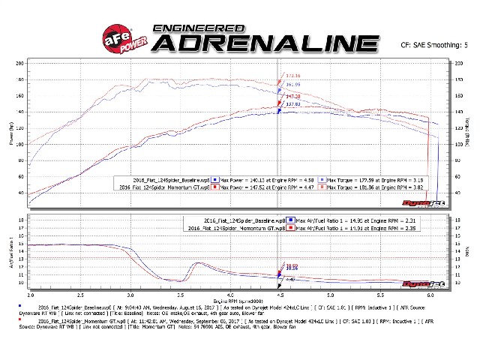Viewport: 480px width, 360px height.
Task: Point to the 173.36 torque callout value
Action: tap(292, 76)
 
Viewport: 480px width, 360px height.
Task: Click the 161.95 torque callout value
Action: tap(292, 85)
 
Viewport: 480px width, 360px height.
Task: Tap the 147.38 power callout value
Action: tap(292, 97)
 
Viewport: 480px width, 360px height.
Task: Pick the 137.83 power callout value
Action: tap(292, 105)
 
